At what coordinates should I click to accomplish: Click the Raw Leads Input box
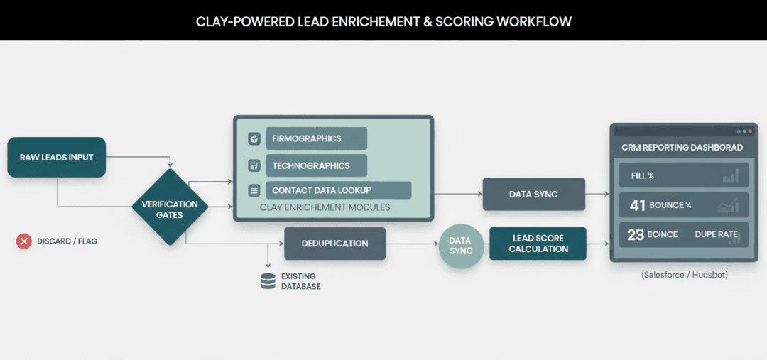[x=56, y=157]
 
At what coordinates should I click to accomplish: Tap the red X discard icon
[x=24, y=241]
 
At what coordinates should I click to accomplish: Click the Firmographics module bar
[x=315, y=138]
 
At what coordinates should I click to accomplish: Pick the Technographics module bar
[x=315, y=165]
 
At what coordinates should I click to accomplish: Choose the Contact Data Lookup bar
[x=337, y=190]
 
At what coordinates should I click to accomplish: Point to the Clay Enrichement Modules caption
[x=325, y=207]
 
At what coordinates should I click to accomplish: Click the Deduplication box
[x=334, y=244]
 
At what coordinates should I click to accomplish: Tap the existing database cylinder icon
[x=268, y=281]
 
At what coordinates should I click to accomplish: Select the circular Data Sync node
[x=460, y=246]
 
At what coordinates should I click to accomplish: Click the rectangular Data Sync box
[x=533, y=194]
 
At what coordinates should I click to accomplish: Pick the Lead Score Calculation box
[x=538, y=244]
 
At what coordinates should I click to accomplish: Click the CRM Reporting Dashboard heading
[x=682, y=148]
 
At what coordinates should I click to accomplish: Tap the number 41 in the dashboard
[x=638, y=205]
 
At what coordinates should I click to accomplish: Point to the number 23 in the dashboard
[x=636, y=234]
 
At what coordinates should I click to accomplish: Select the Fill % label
[x=642, y=175]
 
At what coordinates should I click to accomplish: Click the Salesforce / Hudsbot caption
[x=684, y=274]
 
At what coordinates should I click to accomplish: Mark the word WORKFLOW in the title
[x=534, y=21]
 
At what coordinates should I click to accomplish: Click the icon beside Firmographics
[x=254, y=138]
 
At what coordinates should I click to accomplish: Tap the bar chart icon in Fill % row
[x=730, y=176]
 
